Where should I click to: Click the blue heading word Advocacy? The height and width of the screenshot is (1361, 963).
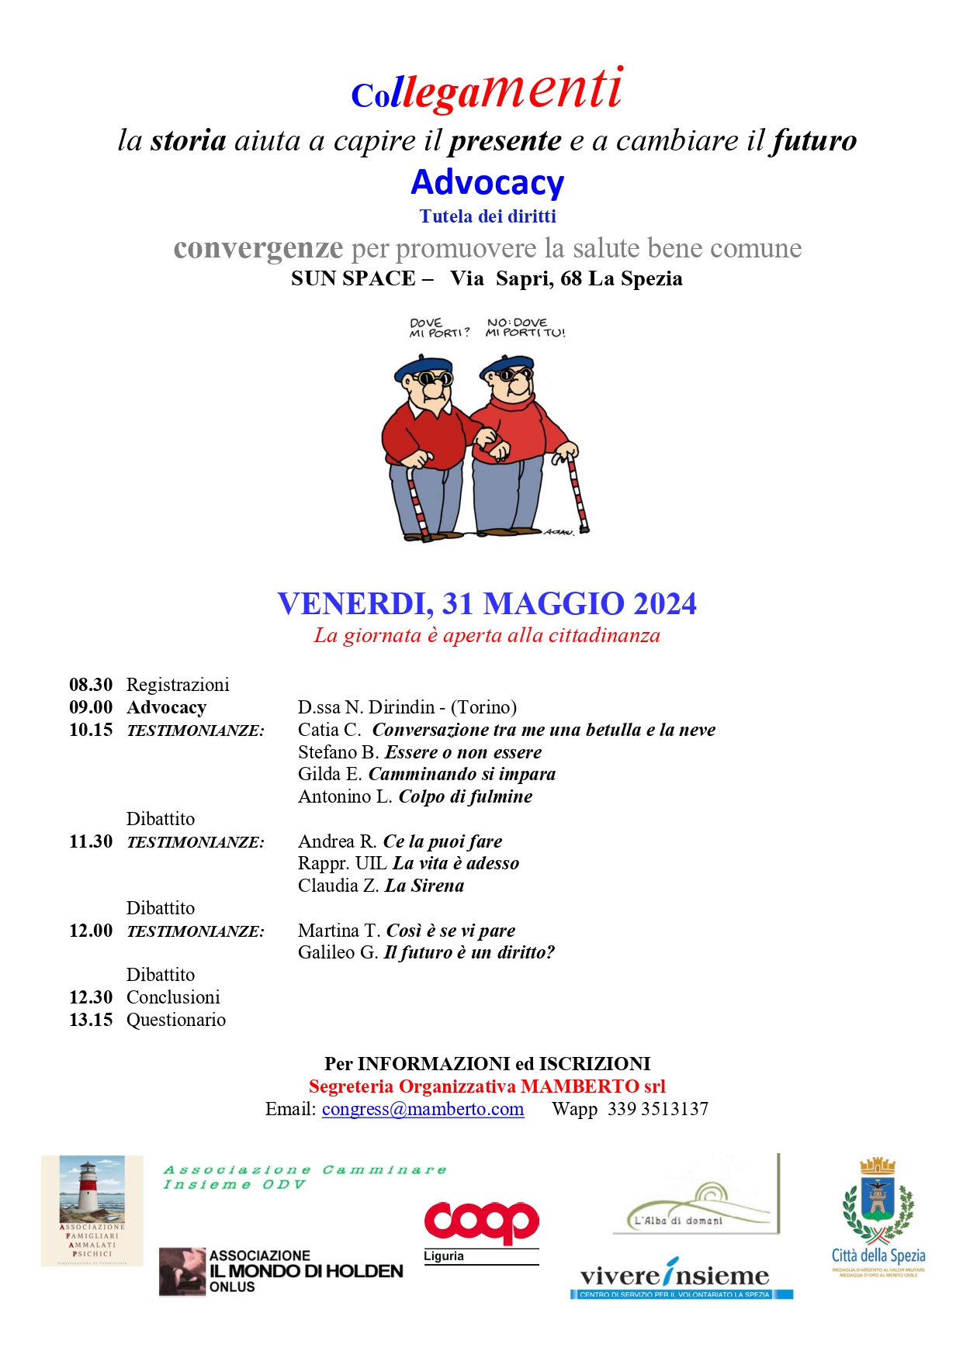tap(487, 183)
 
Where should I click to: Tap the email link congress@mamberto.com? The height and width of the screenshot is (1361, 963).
tap(423, 1109)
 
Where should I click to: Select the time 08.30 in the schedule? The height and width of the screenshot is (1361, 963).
tap(91, 685)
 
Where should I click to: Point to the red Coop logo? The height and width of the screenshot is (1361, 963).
tap(481, 1223)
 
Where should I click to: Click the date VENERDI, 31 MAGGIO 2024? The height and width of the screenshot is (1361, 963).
tap(487, 604)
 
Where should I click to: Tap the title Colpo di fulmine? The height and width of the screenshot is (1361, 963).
tap(466, 796)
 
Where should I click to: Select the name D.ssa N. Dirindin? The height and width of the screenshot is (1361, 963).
tap(366, 707)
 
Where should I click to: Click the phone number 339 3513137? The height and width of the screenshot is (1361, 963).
tap(658, 1109)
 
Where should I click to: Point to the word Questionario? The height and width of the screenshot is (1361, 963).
tap(176, 1020)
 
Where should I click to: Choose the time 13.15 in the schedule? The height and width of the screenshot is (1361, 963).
tap(91, 1020)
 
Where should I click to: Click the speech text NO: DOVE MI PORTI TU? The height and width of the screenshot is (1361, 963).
tap(525, 327)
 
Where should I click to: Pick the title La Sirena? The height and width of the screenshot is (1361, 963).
tap(424, 886)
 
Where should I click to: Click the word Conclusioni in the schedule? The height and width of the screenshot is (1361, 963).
tap(173, 997)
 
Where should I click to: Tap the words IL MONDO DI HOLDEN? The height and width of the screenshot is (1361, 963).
tap(307, 1271)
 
